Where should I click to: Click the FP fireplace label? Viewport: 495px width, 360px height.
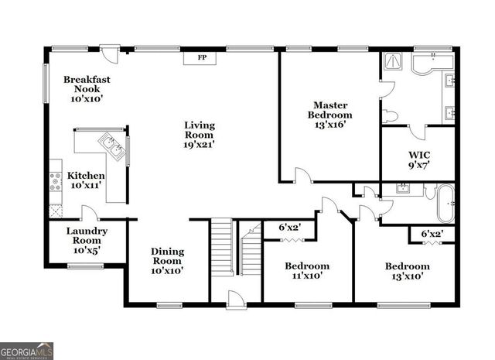click(203, 58)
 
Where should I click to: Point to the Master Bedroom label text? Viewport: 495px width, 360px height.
click(329, 114)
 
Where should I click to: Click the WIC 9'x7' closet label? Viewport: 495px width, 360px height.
click(418, 158)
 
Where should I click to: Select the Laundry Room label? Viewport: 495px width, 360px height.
click(86, 241)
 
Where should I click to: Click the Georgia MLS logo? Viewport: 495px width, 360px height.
click(27, 351)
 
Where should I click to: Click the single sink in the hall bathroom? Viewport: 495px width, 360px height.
click(403, 188)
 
